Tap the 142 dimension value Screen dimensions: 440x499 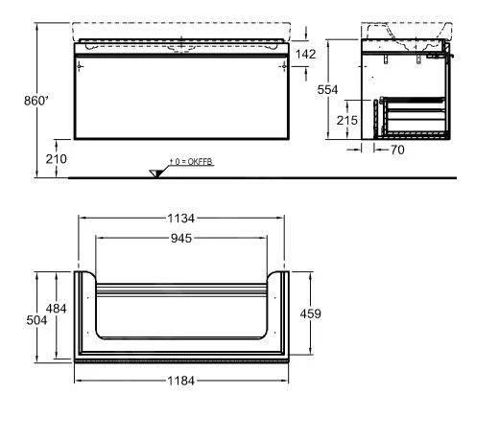305,55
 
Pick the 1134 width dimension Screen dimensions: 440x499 181,217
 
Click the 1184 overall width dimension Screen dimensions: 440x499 181,381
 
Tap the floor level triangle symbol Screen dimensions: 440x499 155,172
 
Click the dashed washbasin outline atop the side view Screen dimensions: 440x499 406,32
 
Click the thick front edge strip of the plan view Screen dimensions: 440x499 181,361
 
